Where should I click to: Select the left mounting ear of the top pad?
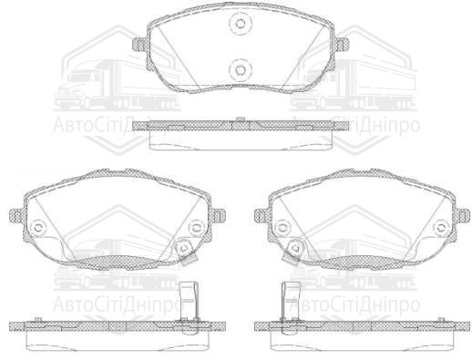(139, 43)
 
